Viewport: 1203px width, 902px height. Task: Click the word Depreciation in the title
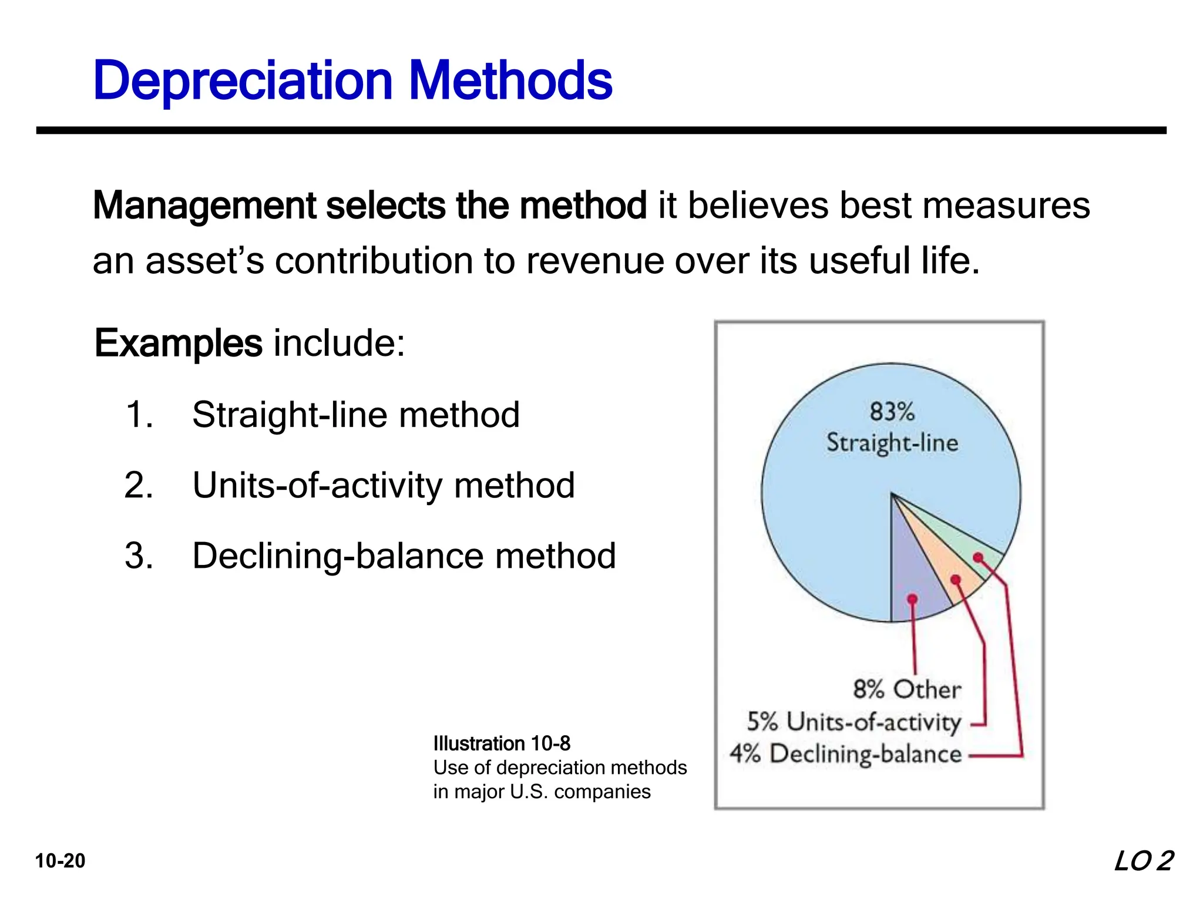(x=243, y=80)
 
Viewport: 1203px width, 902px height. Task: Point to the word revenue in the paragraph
(x=594, y=261)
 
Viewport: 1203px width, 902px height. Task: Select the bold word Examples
(x=179, y=343)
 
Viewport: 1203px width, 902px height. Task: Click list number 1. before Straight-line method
(x=139, y=415)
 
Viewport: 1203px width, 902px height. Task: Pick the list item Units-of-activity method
(x=383, y=486)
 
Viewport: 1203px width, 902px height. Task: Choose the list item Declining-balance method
(x=404, y=556)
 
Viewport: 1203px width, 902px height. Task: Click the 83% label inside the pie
(x=892, y=412)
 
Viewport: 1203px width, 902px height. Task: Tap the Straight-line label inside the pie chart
(x=892, y=443)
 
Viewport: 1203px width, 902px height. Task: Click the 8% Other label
(x=907, y=689)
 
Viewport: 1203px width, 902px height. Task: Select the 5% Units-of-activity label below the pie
(x=853, y=722)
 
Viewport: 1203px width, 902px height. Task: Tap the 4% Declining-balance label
(x=845, y=754)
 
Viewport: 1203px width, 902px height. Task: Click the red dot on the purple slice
(x=912, y=599)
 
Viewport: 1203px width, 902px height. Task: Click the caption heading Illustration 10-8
(x=502, y=743)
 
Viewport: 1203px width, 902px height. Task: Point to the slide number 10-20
(x=60, y=861)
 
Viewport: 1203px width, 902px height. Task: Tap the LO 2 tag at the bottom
(x=1143, y=861)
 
